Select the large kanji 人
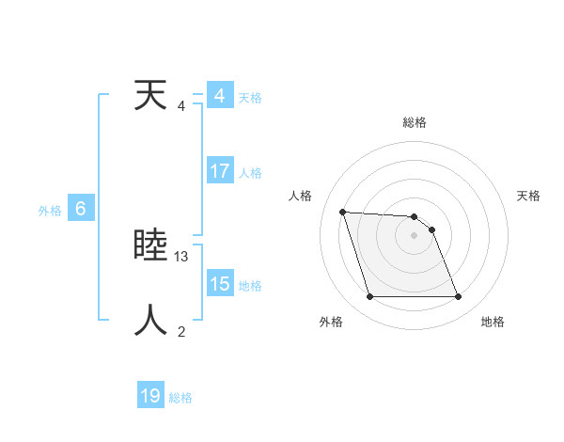coord(151,320)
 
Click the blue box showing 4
coord(220,96)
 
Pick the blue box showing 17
coord(220,171)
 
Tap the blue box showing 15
coord(220,284)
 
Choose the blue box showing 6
coord(81,210)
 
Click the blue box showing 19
coord(150,396)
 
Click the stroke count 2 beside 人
coord(181,331)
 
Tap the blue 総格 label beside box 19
coord(180,398)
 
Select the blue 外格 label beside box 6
coord(50,211)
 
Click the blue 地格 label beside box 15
coord(250,285)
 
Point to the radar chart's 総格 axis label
coord(414,122)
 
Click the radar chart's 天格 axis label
coord(528,196)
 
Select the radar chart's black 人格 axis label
coord(301,196)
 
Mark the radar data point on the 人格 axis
coord(343,212)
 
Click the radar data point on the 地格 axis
coord(458,297)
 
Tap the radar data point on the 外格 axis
coord(369,297)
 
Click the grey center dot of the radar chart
coord(414,235)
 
